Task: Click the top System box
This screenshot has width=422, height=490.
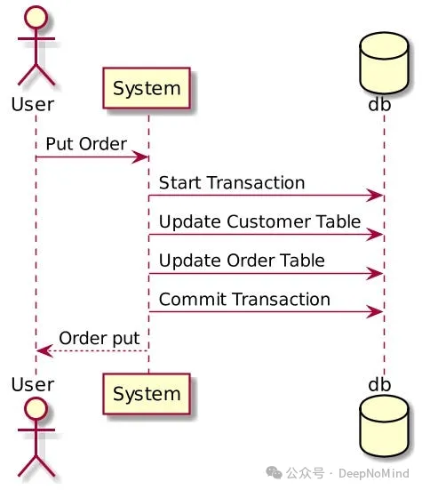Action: [x=147, y=89]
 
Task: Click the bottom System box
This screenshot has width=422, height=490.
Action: [x=147, y=393]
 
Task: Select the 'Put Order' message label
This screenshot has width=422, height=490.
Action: [x=85, y=144]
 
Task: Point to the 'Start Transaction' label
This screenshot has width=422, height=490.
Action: [x=232, y=183]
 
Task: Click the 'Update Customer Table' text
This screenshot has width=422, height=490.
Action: [x=259, y=221]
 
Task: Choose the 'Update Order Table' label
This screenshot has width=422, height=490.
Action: [x=242, y=261]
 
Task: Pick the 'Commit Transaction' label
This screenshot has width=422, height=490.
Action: [x=244, y=300]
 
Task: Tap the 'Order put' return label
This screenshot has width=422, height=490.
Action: [x=99, y=338]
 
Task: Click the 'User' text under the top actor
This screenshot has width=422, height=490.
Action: [x=33, y=104]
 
